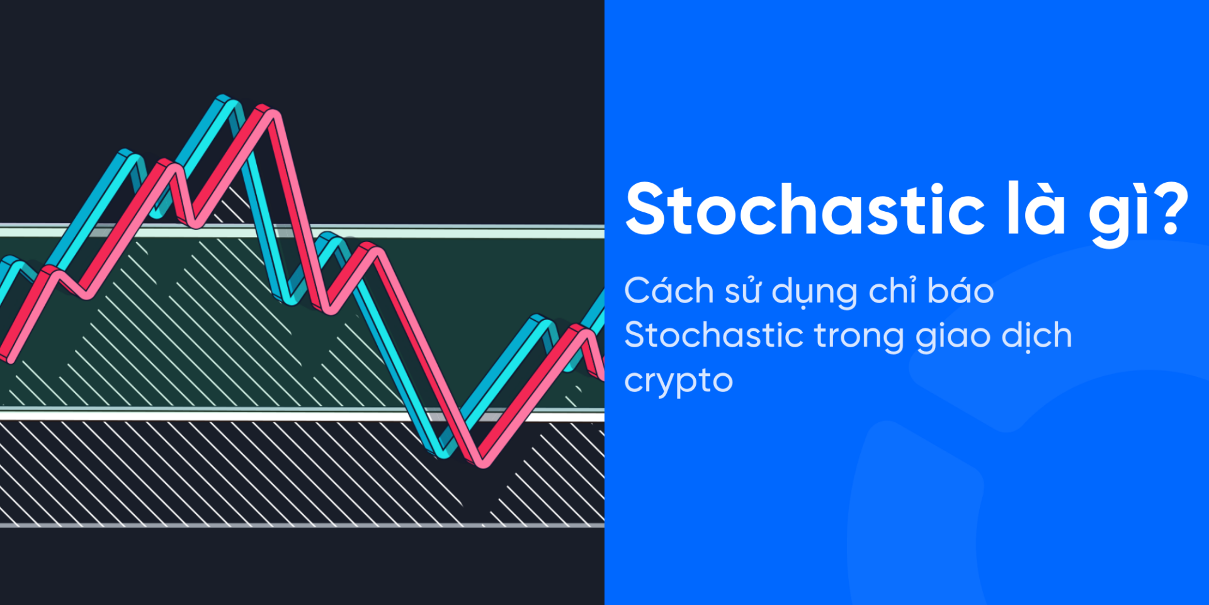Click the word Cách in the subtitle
669,291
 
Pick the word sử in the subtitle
743,291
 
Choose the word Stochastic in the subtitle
713,335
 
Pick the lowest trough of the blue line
443,450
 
